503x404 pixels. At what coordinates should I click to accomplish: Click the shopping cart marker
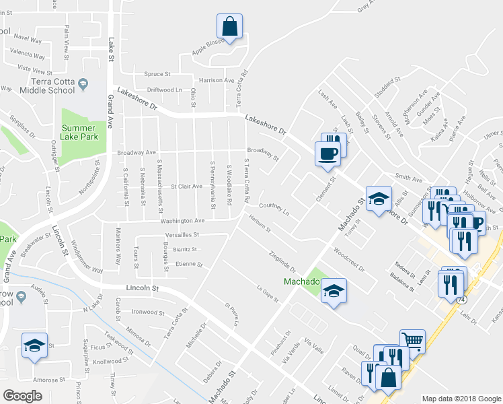pos(412,341)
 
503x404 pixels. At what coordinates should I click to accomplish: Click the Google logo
pos(22,395)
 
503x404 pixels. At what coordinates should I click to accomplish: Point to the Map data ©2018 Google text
pos(461,399)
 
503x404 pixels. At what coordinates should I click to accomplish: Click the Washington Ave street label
pos(182,220)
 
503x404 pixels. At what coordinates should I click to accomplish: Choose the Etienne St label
pos(188,264)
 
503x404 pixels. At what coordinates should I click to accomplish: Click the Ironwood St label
pos(148,312)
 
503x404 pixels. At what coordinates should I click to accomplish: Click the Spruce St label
pos(157,74)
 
